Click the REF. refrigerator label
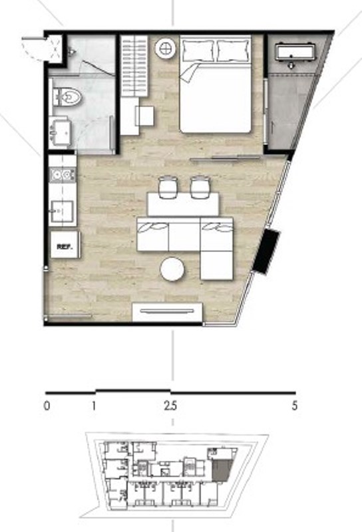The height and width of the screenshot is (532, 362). [x=65, y=247]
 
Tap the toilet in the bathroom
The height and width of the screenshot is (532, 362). [x=67, y=97]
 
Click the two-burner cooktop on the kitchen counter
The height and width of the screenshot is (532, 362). [x=62, y=175]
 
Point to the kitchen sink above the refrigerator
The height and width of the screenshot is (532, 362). [x=62, y=211]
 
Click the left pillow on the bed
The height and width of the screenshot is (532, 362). [x=198, y=51]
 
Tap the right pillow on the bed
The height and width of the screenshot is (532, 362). [x=233, y=51]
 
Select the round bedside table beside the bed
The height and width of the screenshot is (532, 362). [x=166, y=48]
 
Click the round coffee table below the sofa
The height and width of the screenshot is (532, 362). [x=172, y=269]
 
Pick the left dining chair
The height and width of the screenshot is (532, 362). [x=168, y=187]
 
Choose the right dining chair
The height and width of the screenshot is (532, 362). [x=200, y=187]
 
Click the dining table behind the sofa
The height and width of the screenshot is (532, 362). [x=183, y=204]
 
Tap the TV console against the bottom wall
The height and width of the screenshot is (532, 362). [x=167, y=312]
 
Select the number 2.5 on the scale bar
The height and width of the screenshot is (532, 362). [x=170, y=406]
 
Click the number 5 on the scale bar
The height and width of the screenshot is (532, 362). [x=294, y=406]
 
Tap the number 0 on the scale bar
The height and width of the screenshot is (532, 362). [x=47, y=406]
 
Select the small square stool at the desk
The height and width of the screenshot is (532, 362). [x=145, y=116]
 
